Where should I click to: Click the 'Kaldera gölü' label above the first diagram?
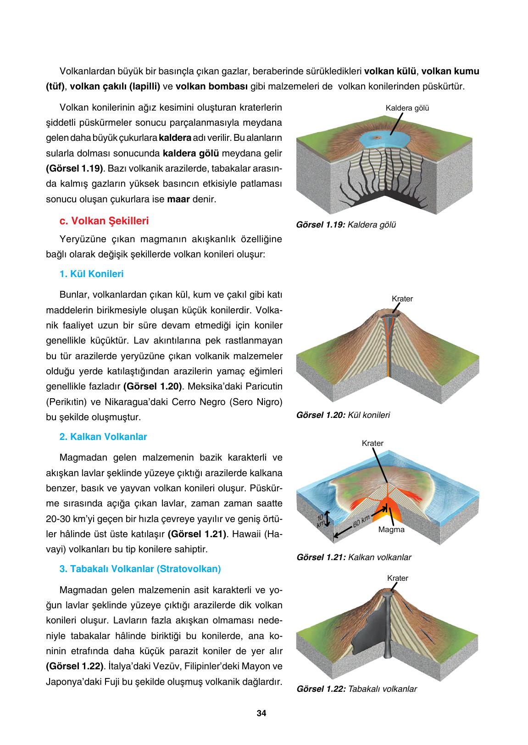tap(407, 108)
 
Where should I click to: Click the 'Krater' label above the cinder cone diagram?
tap(402, 299)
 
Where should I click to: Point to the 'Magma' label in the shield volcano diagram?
tap(391, 529)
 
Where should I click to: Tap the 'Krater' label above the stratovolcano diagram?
tap(397, 578)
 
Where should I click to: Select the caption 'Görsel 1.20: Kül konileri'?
tap(343, 415)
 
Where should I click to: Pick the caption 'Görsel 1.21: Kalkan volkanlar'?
tap(354, 557)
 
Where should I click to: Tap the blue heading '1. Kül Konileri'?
tap(91, 274)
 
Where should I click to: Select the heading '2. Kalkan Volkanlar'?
tap(103, 437)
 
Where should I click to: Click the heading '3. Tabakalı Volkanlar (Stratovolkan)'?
tap(140, 569)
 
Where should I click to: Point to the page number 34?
tap(261, 713)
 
